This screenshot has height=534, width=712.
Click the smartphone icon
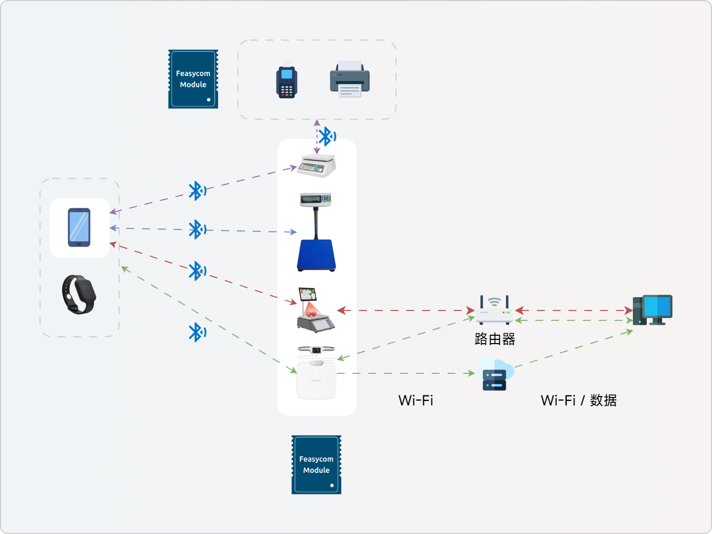coord(79,227)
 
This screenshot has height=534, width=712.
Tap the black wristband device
coord(79,294)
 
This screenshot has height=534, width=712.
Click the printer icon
coord(350,80)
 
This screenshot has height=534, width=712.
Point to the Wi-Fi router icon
coord(494,310)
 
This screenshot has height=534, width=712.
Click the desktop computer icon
coord(653,310)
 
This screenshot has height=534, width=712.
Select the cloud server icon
coord(495,375)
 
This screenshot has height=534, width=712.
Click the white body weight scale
coord(316,379)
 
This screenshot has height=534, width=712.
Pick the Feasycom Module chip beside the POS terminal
coord(193,79)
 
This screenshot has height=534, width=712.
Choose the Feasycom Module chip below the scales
coord(316,465)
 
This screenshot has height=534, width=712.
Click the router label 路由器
coord(495,339)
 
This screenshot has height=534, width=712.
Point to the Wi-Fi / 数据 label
coord(578,400)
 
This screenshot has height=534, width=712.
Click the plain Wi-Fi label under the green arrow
coord(416,400)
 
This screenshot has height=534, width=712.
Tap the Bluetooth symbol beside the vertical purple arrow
coord(326,136)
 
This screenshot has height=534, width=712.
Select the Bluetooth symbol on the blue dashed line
coord(197,229)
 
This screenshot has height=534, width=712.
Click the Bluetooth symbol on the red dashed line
coord(197,271)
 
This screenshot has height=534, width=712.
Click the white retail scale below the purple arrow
coord(317,166)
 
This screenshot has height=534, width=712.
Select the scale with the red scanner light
coord(315,311)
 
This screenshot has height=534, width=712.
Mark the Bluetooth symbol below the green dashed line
coord(197,332)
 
